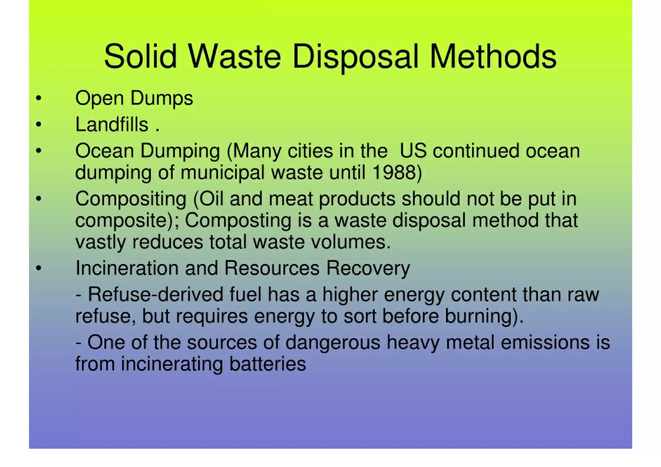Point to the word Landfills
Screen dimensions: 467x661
(112, 125)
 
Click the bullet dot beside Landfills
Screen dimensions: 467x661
(39, 125)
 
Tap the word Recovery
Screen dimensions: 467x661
(368, 269)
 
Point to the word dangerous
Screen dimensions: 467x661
(333, 343)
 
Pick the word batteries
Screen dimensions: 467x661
(268, 364)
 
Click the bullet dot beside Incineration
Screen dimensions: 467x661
(39, 268)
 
